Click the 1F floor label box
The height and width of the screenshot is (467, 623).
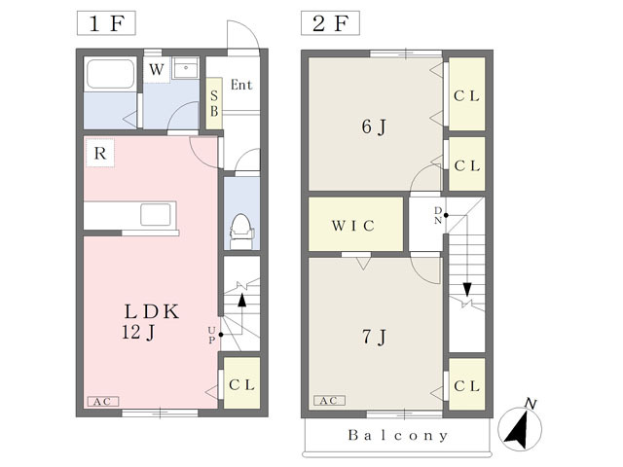click(x=106, y=23)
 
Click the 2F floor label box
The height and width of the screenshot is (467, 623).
click(x=330, y=23)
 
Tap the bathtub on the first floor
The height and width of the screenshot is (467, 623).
click(x=110, y=74)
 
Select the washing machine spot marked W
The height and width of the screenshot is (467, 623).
click(x=157, y=70)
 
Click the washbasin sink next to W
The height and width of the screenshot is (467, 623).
click(x=186, y=68)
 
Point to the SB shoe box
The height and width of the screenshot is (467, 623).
click(x=214, y=103)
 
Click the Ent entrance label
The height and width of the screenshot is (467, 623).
click(x=241, y=85)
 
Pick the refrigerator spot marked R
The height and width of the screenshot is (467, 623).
click(x=100, y=153)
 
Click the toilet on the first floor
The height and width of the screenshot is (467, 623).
click(x=241, y=232)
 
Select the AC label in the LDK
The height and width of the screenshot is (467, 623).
click(x=102, y=402)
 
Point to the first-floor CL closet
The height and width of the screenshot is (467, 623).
click(x=241, y=383)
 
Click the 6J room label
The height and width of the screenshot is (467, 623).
click(x=374, y=127)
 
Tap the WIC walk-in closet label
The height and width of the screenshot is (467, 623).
click(x=352, y=226)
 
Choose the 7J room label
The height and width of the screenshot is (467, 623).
click(x=374, y=338)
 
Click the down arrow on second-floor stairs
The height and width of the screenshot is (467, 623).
click(x=467, y=289)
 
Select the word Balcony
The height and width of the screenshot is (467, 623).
click(x=397, y=435)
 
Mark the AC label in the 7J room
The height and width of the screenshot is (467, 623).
click(x=329, y=400)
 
